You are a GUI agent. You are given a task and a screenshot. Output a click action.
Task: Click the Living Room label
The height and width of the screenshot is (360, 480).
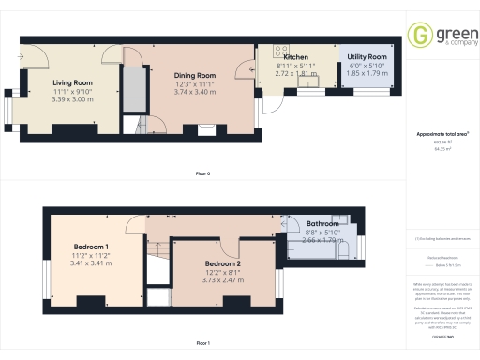(71, 82)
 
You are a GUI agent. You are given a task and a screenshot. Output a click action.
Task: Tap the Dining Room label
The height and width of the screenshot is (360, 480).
(195, 75)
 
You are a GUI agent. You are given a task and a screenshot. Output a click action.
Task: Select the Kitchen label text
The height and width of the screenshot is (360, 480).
(283, 56)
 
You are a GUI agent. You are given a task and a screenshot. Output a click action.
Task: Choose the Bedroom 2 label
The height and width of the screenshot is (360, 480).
(223, 263)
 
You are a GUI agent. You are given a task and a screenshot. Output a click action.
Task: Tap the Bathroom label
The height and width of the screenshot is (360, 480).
(322, 224)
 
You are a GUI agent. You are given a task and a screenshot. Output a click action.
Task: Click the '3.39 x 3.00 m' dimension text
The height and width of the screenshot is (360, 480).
(71, 98)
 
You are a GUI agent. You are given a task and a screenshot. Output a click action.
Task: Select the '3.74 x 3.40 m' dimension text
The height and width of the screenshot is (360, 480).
(195, 91)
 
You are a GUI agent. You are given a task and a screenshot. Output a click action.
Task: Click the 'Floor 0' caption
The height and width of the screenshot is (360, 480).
(202, 173)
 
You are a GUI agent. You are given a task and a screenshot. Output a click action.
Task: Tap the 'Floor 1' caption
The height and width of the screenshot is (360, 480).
(202, 344)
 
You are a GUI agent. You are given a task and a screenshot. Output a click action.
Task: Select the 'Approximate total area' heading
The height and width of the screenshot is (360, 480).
(442, 134)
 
